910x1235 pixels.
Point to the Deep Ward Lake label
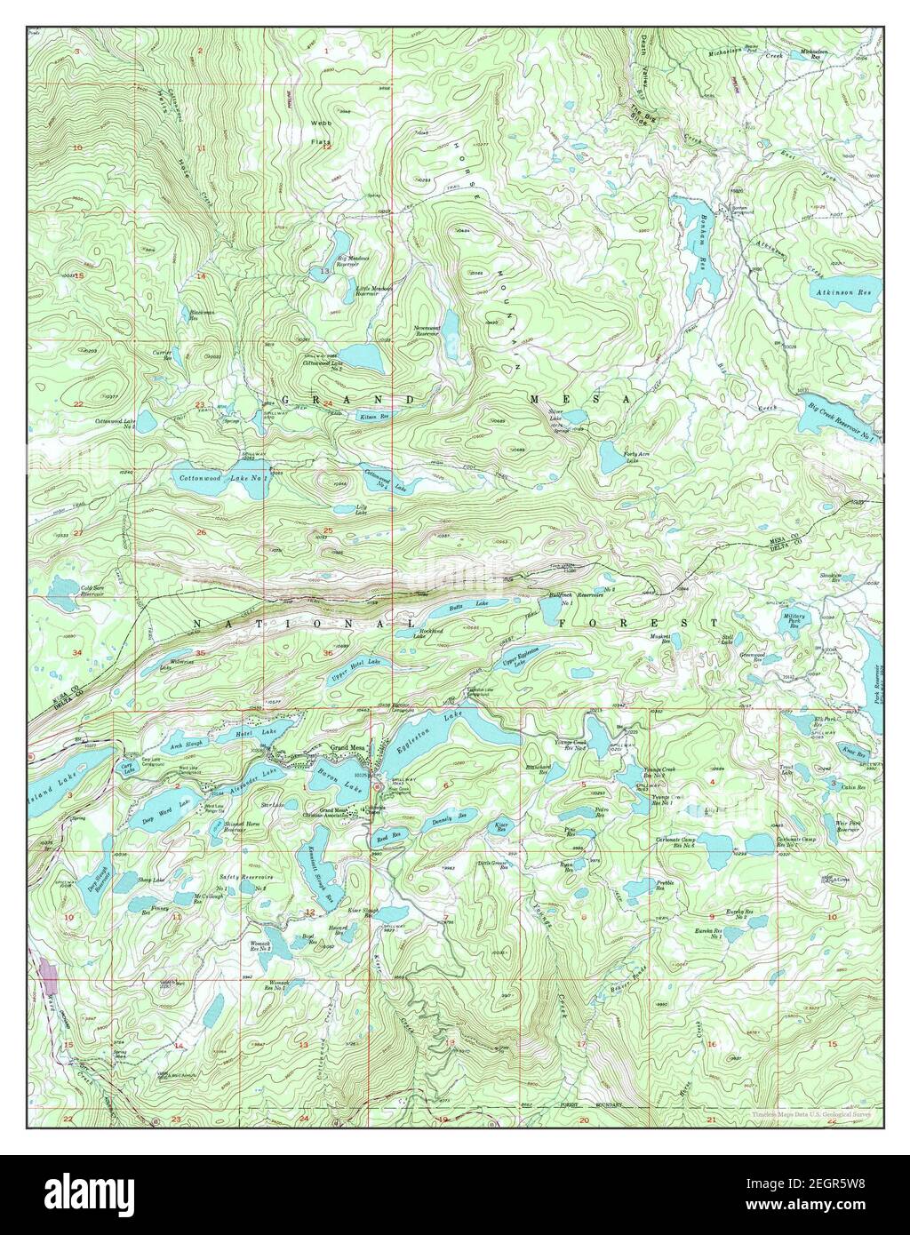pos(170,807)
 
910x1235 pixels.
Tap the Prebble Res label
pos(667,882)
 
